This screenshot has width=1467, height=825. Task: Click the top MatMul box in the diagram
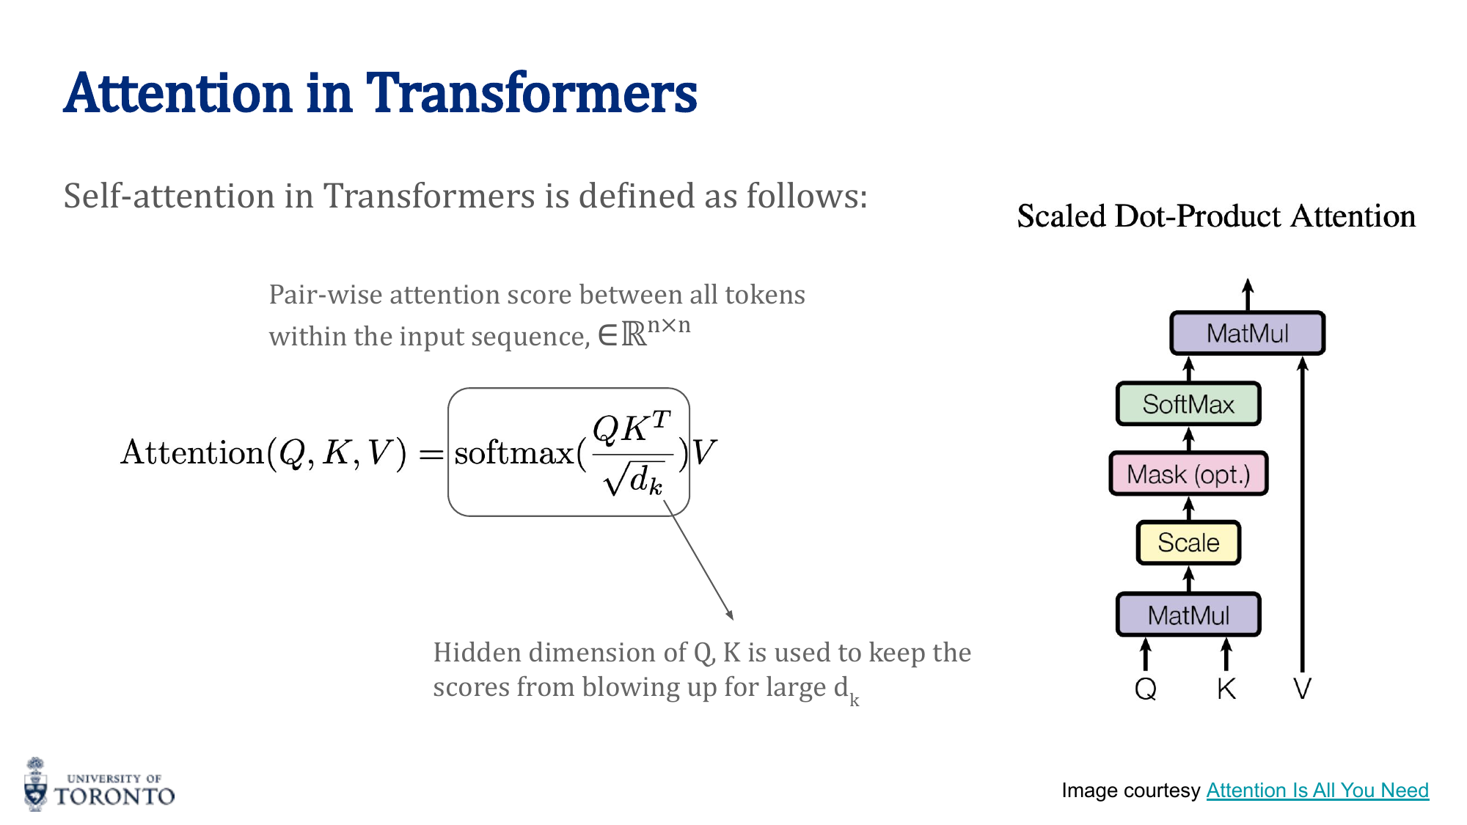(1247, 334)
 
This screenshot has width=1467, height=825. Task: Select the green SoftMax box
(1188, 404)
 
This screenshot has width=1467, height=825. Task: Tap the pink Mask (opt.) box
(1188, 474)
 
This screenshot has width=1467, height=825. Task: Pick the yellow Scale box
(1188, 543)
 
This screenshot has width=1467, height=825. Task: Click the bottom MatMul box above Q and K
(1188, 615)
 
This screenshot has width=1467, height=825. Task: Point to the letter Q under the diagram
(1146, 689)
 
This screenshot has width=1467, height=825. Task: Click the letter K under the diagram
(1226, 689)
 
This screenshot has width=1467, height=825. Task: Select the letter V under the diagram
(1302, 689)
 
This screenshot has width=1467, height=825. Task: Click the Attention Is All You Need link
(1317, 790)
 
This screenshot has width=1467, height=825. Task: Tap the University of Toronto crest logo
(35, 785)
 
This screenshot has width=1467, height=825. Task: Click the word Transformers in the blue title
(531, 94)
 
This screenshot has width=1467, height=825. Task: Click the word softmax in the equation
(513, 453)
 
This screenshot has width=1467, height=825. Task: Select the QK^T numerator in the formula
(631, 428)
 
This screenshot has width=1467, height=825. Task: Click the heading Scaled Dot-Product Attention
(1216, 216)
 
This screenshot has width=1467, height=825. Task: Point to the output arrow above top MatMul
(1248, 293)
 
